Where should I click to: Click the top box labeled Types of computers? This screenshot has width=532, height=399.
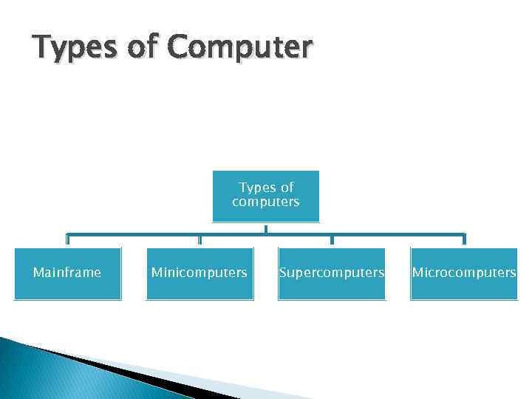265,196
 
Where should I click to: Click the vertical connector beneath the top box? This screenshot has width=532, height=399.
266,228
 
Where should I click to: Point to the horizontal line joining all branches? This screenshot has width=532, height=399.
148,234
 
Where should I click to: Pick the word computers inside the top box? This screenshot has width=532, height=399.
265,202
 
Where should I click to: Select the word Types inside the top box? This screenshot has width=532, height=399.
256,188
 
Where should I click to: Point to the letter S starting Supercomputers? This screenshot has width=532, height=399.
283,273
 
